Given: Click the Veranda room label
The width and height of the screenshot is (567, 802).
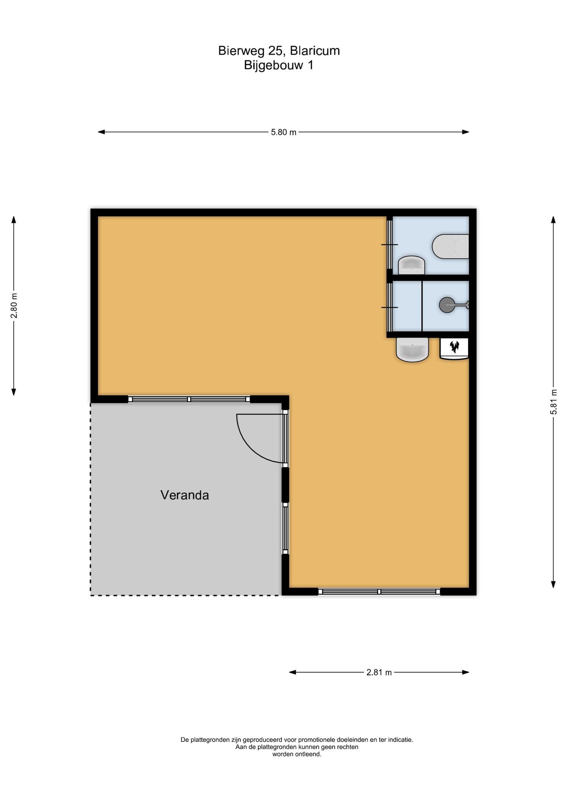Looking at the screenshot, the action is [184, 495].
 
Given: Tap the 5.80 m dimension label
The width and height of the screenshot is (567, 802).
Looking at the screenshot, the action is [283, 132].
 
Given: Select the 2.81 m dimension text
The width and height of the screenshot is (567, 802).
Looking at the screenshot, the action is [379, 672].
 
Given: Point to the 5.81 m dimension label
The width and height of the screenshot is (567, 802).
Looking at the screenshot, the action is [553, 402].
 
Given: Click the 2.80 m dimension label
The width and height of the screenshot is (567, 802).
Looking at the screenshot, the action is [14, 305].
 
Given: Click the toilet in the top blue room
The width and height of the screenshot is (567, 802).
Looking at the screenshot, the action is [450, 246].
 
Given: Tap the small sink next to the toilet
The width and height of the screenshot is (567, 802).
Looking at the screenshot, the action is [411, 266].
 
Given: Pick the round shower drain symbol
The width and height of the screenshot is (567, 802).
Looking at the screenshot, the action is [446, 305].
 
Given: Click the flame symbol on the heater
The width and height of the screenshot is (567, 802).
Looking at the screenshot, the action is [454, 346].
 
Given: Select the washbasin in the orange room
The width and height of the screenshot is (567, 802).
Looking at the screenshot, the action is [412, 349].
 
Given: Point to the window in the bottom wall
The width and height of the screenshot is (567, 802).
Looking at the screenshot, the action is [379, 592].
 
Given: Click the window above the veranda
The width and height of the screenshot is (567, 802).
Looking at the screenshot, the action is [189, 399].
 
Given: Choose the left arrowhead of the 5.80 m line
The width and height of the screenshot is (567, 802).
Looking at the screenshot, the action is [101, 132].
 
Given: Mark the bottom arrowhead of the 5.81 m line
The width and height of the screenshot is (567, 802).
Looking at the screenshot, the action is [553, 585].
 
